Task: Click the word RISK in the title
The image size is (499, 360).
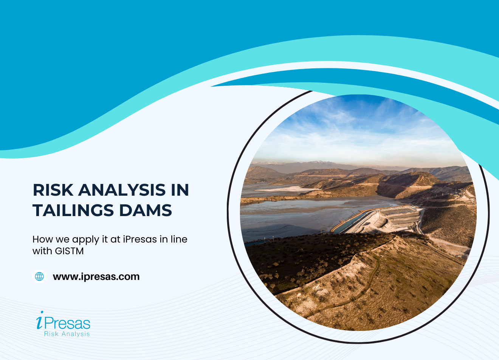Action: (53, 190)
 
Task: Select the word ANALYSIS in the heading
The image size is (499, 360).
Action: (122, 190)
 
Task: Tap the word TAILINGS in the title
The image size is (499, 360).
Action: (73, 210)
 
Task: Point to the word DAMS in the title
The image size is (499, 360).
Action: (146, 210)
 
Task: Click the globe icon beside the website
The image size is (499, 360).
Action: (39, 277)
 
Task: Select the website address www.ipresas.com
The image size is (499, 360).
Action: (96, 277)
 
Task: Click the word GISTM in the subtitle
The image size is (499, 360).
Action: (69, 251)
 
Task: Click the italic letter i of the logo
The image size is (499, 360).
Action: (39, 320)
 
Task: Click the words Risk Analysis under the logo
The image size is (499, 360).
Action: (67, 334)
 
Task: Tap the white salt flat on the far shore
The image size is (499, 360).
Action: (287, 189)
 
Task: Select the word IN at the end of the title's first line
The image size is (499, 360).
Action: (180, 190)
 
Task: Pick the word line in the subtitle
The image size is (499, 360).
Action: (179, 239)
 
